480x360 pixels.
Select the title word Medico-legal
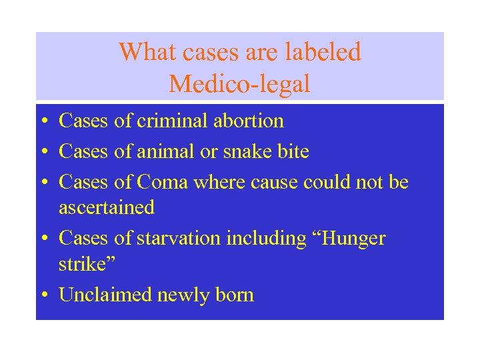tap(239, 84)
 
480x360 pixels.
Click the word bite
tap(293, 151)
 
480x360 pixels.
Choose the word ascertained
tap(107, 207)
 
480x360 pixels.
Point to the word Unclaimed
tap(105, 295)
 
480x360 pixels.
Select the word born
tap(235, 295)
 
